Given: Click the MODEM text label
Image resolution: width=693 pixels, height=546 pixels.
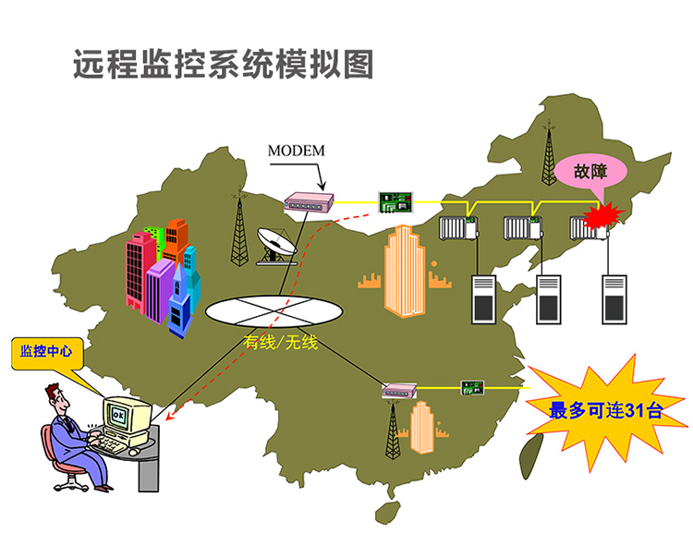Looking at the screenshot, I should pyautogui.click(x=296, y=150).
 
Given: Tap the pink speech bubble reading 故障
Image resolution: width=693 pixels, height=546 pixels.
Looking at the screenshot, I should pyautogui.click(x=590, y=172).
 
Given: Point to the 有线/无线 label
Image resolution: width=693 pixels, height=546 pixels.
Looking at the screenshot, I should pyautogui.click(x=280, y=344).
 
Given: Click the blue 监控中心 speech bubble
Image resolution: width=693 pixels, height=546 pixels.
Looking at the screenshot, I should pyautogui.click(x=45, y=352).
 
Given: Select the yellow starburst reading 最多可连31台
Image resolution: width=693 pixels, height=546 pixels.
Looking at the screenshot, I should pyautogui.click(x=605, y=410).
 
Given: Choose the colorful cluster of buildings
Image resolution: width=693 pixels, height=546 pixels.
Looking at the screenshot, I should pyautogui.click(x=164, y=270).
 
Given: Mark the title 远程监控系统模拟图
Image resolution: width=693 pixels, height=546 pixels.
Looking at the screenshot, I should pyautogui.click(x=224, y=65).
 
